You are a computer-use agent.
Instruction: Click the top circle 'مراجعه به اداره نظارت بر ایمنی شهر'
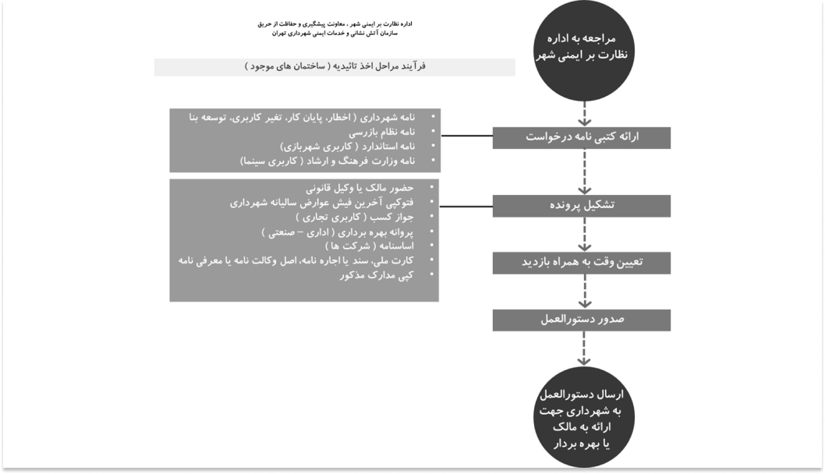[x=580, y=48]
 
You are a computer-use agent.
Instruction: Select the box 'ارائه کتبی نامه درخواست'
[x=581, y=137]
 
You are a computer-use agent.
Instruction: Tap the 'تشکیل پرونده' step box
[x=581, y=205]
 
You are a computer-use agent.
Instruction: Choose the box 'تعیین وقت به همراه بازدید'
[x=581, y=263]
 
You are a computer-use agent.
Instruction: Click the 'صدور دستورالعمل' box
[x=581, y=320]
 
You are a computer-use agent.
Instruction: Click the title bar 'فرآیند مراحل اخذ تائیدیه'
[x=335, y=68]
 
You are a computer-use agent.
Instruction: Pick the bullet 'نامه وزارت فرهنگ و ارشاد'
[x=335, y=161]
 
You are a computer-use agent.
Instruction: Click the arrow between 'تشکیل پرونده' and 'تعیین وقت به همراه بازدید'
[x=581, y=234]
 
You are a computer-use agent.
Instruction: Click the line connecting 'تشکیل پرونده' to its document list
[x=465, y=206]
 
